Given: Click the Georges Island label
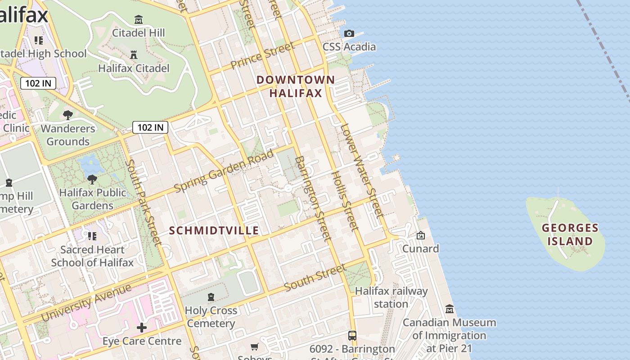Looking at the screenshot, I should point(570,234).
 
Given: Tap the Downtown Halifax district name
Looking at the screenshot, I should point(296,86).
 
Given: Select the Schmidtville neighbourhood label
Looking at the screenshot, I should point(214,231).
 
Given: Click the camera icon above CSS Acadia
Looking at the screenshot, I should point(349,33).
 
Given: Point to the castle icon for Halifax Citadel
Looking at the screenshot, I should point(134,55).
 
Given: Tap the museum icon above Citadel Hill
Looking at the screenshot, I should point(139,20).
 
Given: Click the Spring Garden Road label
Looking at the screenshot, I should point(224,171).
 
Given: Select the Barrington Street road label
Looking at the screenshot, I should point(313,198).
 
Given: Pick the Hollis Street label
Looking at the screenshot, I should point(345,201).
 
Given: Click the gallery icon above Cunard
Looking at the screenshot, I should point(421,235).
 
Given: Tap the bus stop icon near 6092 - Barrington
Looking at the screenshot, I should point(352,336).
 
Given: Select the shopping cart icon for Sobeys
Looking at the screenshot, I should point(255,346).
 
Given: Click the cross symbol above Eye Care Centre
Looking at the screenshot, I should point(142,328).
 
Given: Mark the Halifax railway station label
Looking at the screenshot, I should point(391,297).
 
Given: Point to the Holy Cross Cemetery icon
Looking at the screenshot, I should point(211,297).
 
